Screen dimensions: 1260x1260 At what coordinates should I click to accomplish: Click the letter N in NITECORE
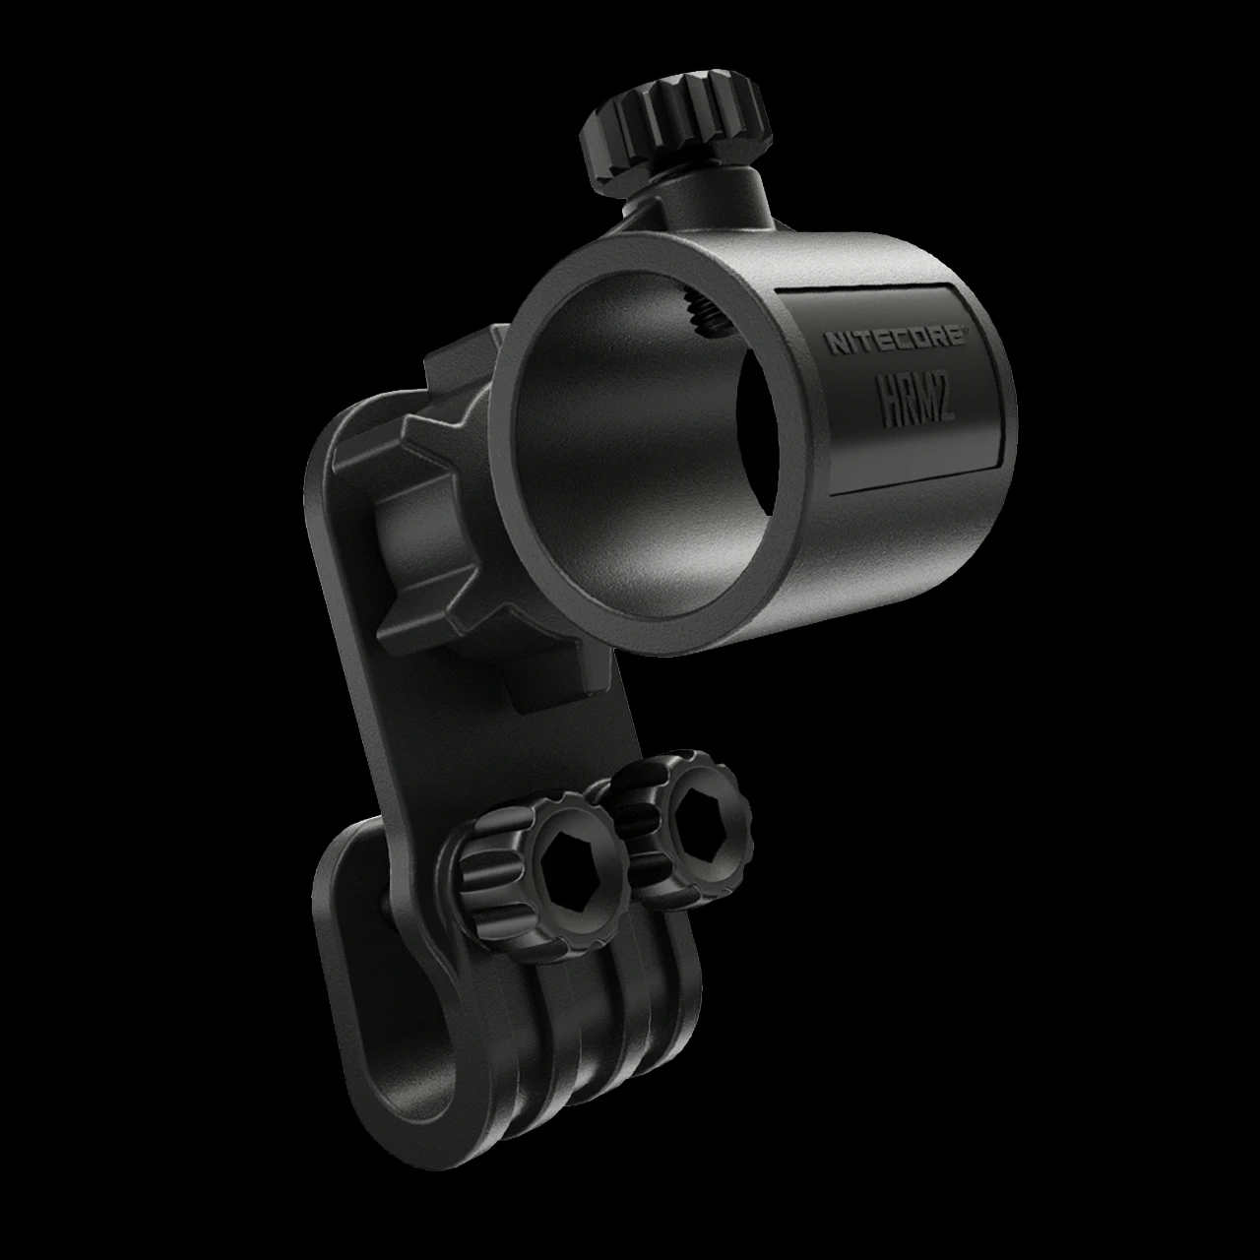pyautogui.click(x=833, y=346)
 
